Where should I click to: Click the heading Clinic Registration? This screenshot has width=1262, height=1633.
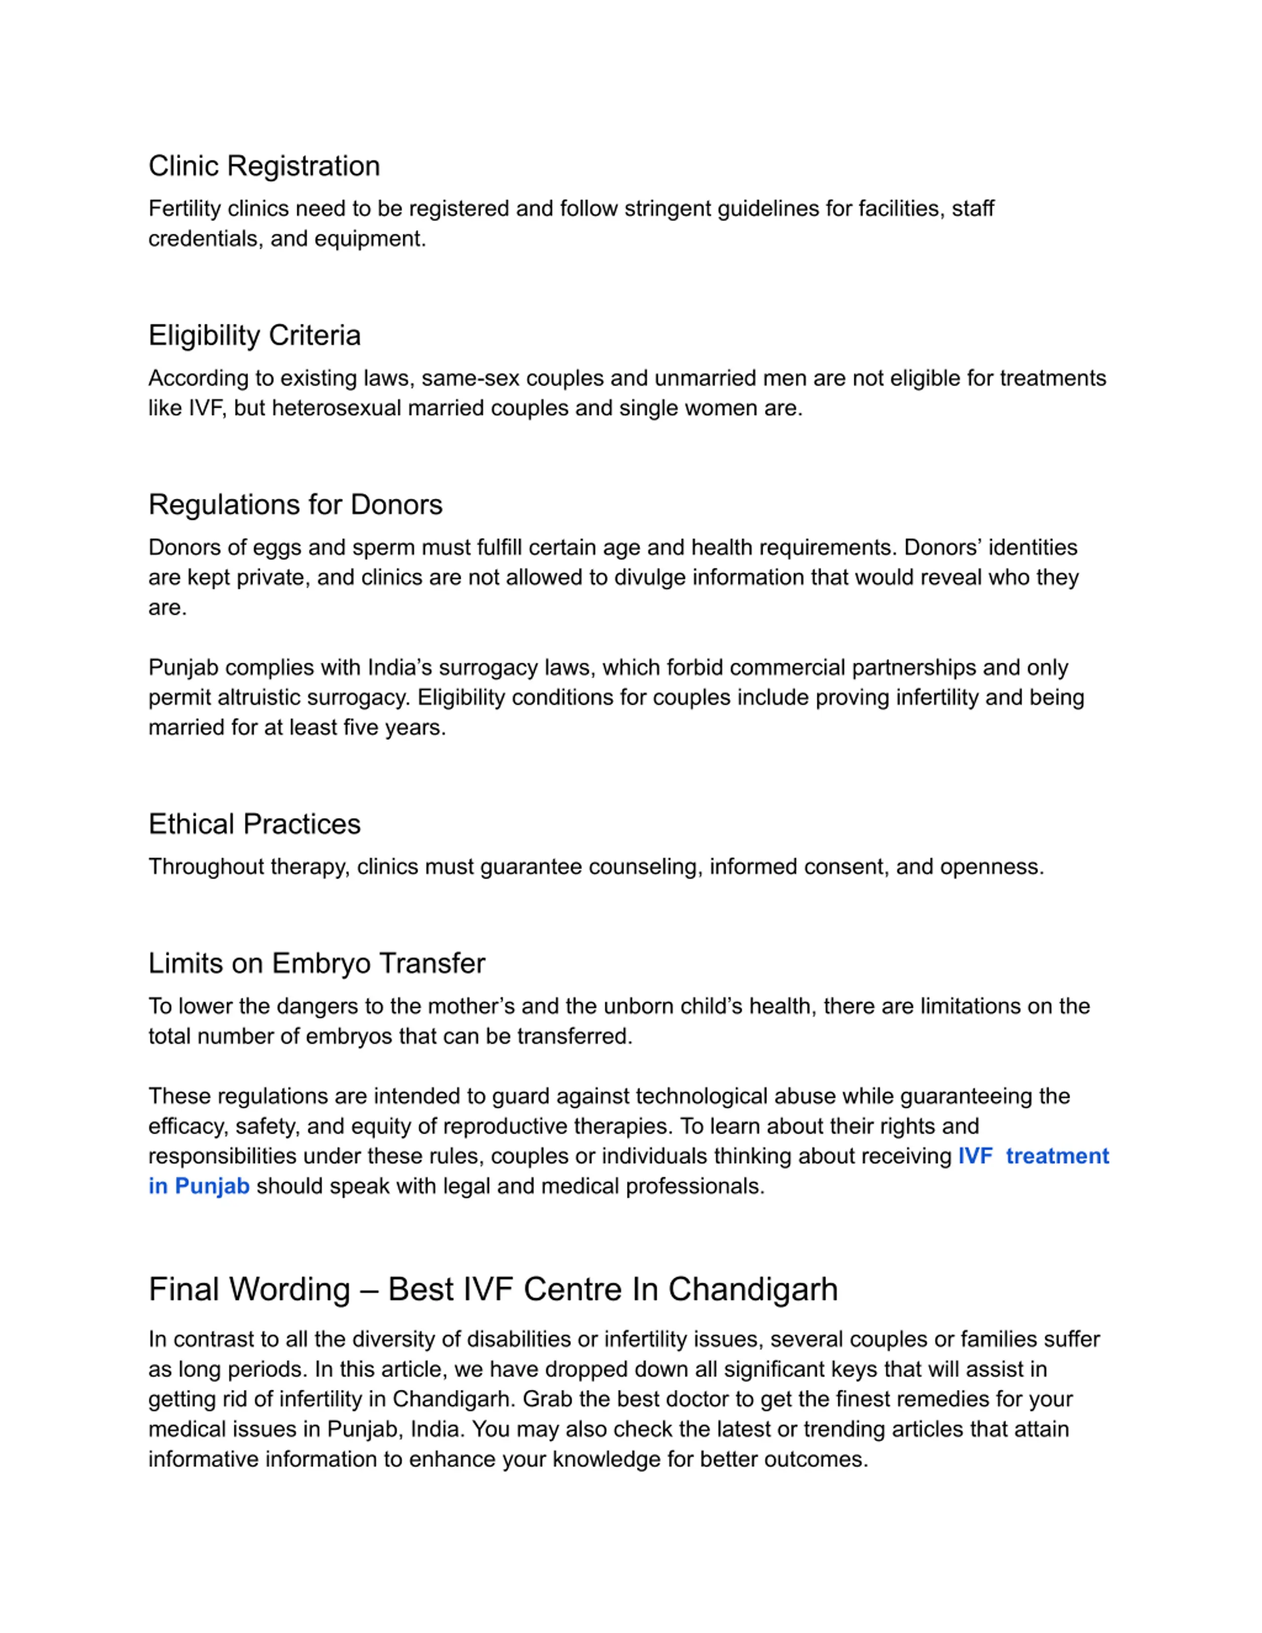[264, 166]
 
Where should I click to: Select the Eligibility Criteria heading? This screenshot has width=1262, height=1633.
[254, 335]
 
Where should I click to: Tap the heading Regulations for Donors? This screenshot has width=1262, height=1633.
[295, 505]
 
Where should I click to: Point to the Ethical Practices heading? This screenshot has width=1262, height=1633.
[254, 824]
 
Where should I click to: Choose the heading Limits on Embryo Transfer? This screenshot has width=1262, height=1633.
[316, 963]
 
